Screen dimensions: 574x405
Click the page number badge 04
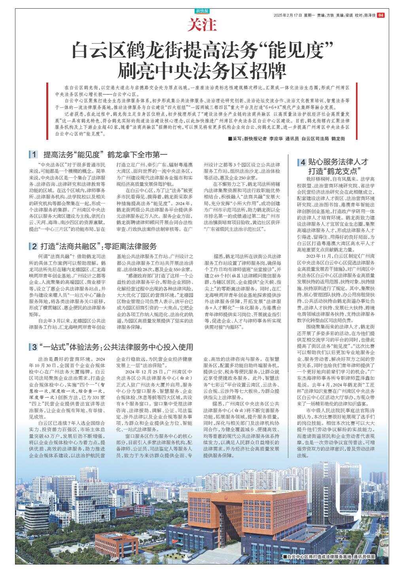(380, 15)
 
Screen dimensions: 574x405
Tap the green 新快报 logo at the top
(202, 11)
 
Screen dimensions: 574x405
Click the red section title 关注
(202, 26)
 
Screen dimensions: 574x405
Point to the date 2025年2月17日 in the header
(288, 15)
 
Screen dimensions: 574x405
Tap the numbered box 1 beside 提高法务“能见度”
(34, 154)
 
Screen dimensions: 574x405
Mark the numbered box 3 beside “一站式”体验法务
(34, 347)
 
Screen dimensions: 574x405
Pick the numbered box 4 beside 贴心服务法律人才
(303, 162)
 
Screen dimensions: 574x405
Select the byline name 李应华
(276, 139)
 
